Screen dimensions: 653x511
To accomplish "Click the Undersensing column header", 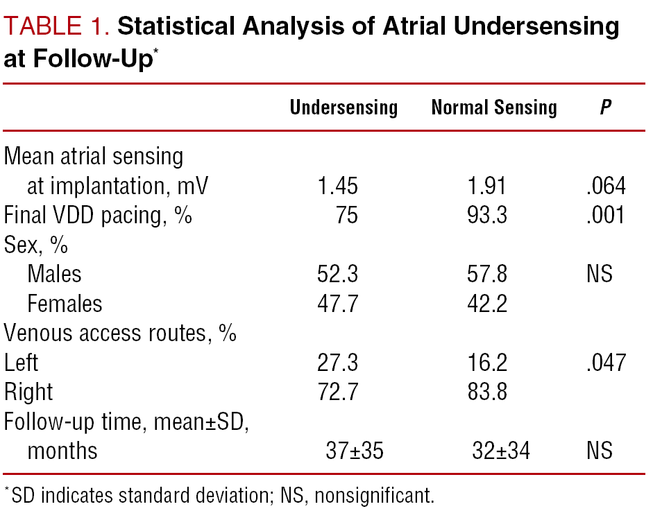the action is point(344,107).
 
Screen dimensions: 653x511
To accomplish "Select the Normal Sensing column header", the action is point(494,107).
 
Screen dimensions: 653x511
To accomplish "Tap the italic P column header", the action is point(606,107).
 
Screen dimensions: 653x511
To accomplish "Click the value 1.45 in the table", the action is point(337,186).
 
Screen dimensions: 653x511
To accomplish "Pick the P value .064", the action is point(606,186).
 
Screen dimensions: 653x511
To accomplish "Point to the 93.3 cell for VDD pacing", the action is point(487,215).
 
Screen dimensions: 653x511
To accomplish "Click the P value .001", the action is point(606,215).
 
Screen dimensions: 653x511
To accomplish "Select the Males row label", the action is point(54,275).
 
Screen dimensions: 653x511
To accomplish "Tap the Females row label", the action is point(65,304).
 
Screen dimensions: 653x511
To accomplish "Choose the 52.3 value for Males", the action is point(337,275).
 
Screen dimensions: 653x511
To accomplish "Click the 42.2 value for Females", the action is point(487,304).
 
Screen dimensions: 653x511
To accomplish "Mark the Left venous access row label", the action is point(22,363).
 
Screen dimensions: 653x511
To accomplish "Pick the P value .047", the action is point(606,363).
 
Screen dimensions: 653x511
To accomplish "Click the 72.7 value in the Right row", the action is point(337,392).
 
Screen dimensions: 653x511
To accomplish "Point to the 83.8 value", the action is point(487,392).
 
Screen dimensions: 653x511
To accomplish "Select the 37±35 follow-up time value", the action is point(355,451).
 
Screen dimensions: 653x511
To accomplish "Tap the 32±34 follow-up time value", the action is point(501,451).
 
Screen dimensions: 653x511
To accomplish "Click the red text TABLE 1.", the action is point(57,26).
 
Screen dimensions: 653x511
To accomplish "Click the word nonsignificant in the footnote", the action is point(374,496).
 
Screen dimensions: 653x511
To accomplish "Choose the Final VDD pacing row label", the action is point(98,216).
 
